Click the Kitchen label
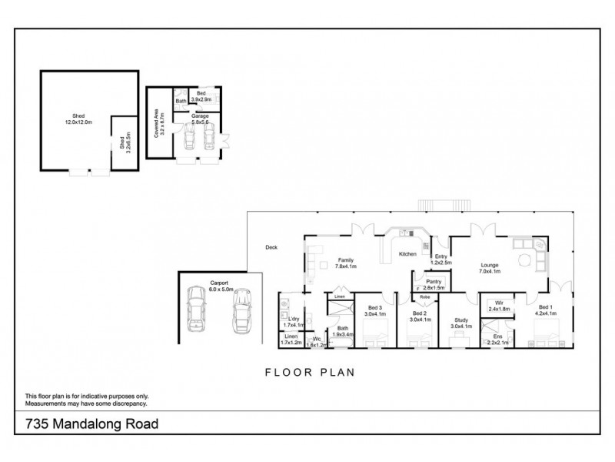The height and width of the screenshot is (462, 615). tap(407, 253)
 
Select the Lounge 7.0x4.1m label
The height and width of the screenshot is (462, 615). tap(490, 268)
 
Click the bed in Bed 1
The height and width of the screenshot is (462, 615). tap(552, 333)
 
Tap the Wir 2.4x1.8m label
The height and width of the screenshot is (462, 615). tap(499, 306)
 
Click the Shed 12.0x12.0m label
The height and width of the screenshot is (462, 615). tap(74, 122)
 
